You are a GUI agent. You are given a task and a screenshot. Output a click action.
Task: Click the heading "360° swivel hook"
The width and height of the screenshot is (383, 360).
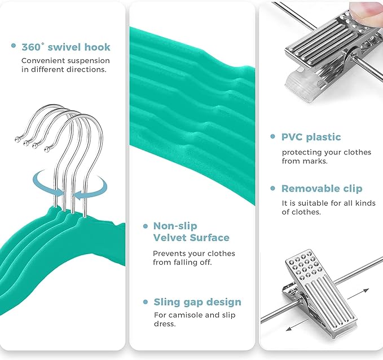pos(66,47)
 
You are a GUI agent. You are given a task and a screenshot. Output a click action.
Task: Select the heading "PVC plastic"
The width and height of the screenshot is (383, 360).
pos(311,137)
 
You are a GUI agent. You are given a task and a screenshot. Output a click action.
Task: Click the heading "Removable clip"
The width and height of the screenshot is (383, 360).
pos(322,189)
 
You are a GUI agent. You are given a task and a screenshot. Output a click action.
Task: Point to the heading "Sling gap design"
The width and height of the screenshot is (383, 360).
pos(197,302)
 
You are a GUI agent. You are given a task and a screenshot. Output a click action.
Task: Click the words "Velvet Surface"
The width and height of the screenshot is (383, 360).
pos(191,238)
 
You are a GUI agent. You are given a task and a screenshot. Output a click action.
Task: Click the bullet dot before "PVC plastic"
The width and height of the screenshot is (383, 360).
pos(273,136)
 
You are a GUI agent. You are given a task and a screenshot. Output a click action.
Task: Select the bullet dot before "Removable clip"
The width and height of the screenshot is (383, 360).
pos(273,188)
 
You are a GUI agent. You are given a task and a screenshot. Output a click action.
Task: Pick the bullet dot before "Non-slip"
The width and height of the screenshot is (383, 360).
pos(146,226)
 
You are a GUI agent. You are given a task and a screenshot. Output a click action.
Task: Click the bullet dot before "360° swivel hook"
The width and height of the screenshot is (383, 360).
pos(14,46)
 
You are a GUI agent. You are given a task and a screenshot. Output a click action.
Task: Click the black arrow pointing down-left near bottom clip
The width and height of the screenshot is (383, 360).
pos(296,326)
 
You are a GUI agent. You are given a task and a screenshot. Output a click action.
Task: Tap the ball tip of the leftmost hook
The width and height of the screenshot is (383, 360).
pos(17,139)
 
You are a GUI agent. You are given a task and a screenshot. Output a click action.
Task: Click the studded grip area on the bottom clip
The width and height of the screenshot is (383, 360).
pos(303,265)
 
